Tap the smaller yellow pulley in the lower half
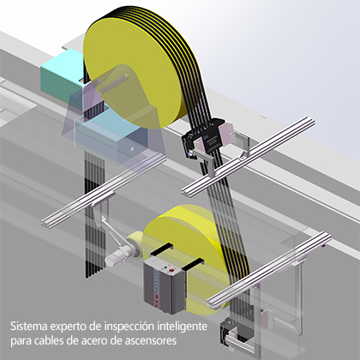[184, 236]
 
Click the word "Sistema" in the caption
[29, 327]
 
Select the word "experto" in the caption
[71, 327]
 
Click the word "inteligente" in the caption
[187, 327]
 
